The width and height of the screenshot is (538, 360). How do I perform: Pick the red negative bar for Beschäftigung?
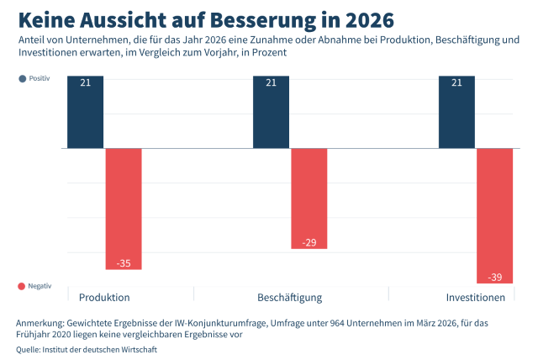309,199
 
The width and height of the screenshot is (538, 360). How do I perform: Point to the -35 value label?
124,263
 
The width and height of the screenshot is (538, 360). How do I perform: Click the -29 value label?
309,242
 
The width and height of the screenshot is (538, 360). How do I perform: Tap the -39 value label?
494,277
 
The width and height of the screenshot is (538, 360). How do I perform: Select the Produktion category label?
104,298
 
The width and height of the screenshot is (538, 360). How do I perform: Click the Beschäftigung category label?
289,298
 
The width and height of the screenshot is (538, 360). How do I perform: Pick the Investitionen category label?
475,298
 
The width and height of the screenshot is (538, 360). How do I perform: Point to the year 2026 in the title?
366,18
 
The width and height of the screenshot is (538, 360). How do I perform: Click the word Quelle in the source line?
27,349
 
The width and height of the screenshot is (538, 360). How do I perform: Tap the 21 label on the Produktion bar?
86,82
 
